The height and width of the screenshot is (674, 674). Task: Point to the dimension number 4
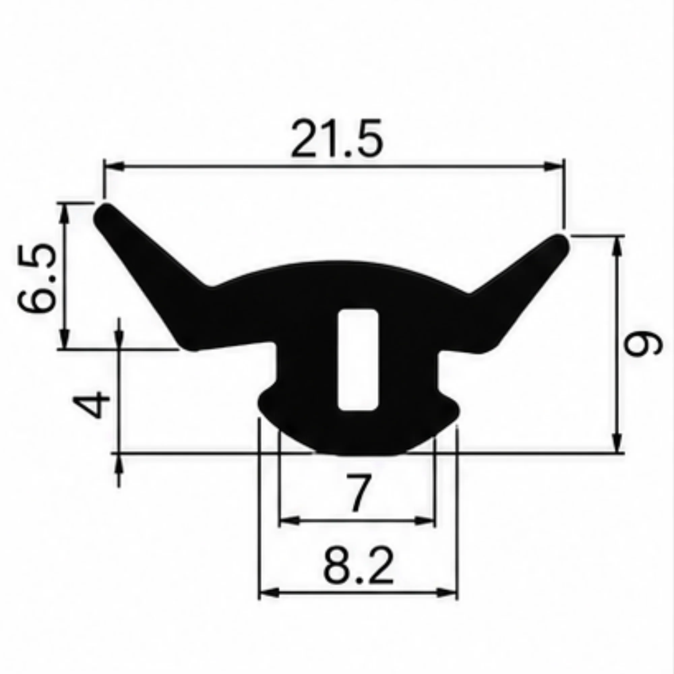[91, 404]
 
